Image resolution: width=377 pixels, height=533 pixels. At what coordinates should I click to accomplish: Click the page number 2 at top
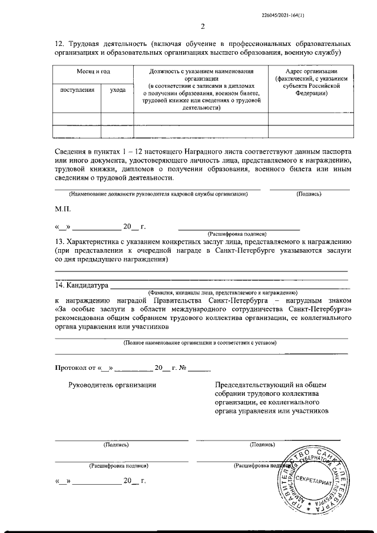[x=203, y=26]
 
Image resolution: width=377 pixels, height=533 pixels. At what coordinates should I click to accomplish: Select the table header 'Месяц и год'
[x=93, y=71]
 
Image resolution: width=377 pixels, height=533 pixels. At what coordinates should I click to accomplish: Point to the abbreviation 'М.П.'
[x=63, y=209]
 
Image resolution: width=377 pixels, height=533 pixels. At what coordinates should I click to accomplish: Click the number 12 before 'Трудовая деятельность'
[x=59, y=44]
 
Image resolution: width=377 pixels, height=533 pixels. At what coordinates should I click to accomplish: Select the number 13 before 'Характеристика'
[x=59, y=241]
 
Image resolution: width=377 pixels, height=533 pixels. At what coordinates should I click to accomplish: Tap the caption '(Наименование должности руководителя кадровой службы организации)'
[x=158, y=194]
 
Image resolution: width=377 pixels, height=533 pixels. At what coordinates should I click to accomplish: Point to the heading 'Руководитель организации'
[x=112, y=385]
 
